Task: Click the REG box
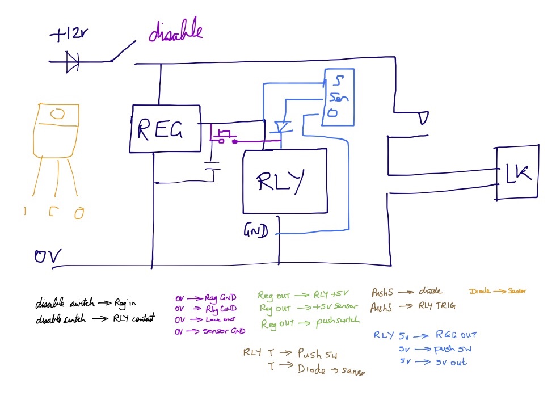(165, 129)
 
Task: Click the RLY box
(285, 181)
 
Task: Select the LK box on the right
(517, 173)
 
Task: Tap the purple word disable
(175, 32)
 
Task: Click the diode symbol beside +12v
(73, 61)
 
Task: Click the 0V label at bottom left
(48, 257)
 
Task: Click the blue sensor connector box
(338, 97)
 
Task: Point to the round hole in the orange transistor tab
(57, 114)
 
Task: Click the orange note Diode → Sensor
(498, 292)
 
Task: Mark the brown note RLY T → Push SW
(290, 353)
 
